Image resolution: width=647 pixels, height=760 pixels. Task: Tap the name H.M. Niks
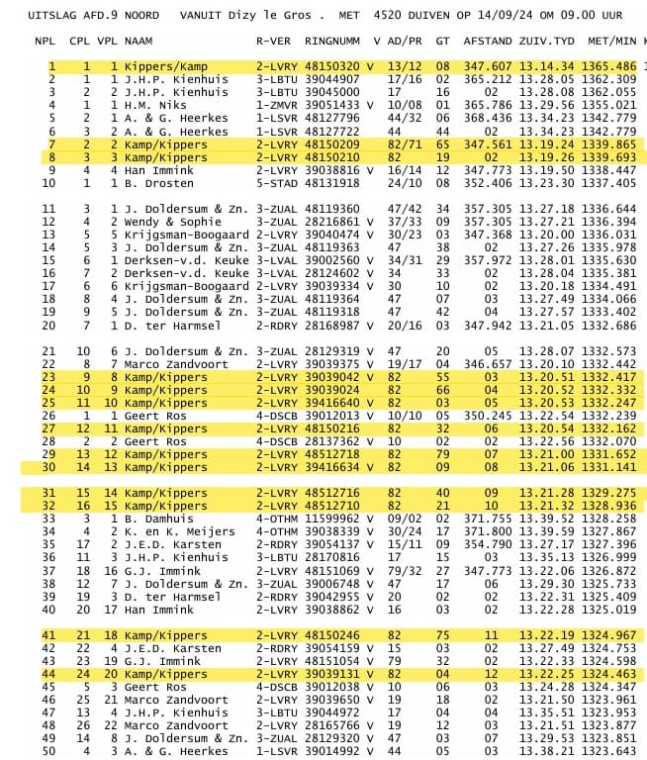pyautogui.click(x=156, y=104)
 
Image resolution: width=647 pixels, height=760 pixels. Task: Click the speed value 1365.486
pyautogui.click(x=611, y=65)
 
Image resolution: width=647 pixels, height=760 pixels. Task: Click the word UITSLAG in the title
pyautogui.click(x=28, y=16)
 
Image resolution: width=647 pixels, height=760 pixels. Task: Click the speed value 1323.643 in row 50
pyautogui.click(x=611, y=751)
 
